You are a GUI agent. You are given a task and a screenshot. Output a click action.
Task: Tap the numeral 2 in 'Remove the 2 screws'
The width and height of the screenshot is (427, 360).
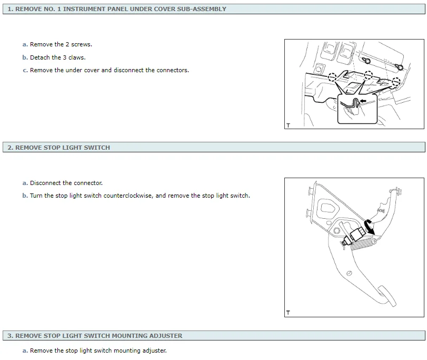tap(67, 44)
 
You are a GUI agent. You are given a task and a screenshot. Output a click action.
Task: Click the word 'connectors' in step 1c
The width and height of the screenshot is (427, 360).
tap(172, 70)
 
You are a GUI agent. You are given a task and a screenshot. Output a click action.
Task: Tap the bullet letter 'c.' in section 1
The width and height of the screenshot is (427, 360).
tap(25, 70)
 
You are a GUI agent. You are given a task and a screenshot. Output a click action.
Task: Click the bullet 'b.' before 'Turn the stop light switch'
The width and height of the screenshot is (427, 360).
tap(25, 196)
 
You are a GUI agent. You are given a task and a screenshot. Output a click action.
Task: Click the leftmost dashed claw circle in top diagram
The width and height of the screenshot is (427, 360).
tap(332, 77)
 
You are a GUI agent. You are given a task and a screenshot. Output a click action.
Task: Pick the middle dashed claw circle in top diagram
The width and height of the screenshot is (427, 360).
tap(368, 75)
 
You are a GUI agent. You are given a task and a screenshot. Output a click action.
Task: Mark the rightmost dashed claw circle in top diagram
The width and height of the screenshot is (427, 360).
tap(396, 81)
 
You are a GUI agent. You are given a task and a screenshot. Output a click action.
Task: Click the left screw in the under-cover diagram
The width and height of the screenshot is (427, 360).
tap(366, 60)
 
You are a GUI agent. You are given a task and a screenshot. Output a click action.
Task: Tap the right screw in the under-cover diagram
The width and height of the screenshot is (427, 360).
tap(400, 66)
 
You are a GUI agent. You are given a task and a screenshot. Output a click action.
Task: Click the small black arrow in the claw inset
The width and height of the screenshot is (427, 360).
tap(363, 101)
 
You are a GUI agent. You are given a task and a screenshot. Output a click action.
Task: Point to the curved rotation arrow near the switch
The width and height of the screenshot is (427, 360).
tap(369, 227)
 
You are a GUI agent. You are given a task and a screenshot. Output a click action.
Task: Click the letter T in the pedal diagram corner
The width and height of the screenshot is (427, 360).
tap(288, 313)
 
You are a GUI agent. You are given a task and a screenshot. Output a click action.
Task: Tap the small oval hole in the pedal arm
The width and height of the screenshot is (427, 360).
tap(349, 273)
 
